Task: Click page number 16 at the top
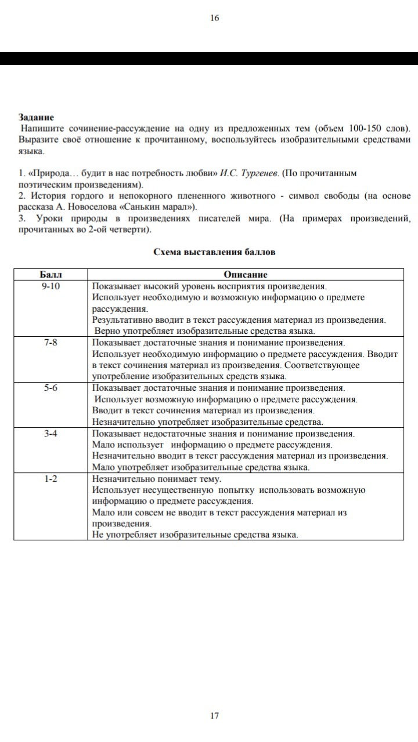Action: pyautogui.click(x=214, y=18)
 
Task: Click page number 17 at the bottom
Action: pyautogui.click(x=214, y=715)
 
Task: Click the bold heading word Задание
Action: pyautogui.click(x=36, y=117)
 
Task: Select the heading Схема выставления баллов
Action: pyautogui.click(x=214, y=252)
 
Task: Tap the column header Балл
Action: pyautogui.click(x=51, y=274)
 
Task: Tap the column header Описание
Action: pyautogui.click(x=245, y=274)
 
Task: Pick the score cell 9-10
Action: pyautogui.click(x=51, y=286)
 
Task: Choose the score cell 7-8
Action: pyautogui.click(x=51, y=342)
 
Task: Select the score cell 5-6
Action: pyautogui.click(x=51, y=388)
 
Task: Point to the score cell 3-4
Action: pyautogui.click(x=51, y=433)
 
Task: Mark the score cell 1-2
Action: pyautogui.click(x=51, y=479)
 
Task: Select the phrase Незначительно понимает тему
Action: pyautogui.click(x=157, y=479)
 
